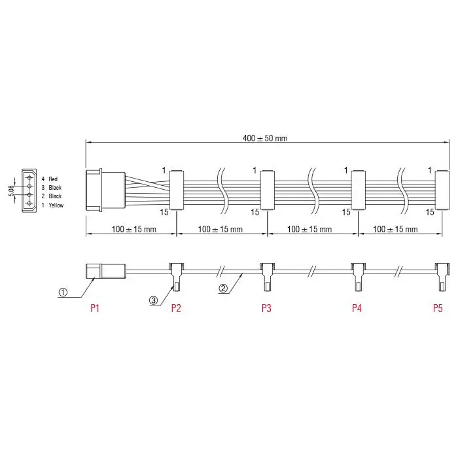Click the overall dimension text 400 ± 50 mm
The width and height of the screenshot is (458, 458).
(265, 138)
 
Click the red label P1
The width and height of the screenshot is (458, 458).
(95, 308)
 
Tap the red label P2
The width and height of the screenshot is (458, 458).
(176, 308)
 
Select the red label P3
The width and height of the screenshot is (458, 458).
(266, 308)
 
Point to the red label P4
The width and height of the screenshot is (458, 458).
(357, 308)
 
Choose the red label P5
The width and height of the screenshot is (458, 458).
(438, 308)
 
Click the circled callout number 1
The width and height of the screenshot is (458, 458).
(63, 292)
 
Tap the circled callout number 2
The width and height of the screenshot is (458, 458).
(223, 289)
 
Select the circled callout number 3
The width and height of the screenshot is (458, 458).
(154, 300)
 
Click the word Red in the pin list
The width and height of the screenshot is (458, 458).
(53, 179)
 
